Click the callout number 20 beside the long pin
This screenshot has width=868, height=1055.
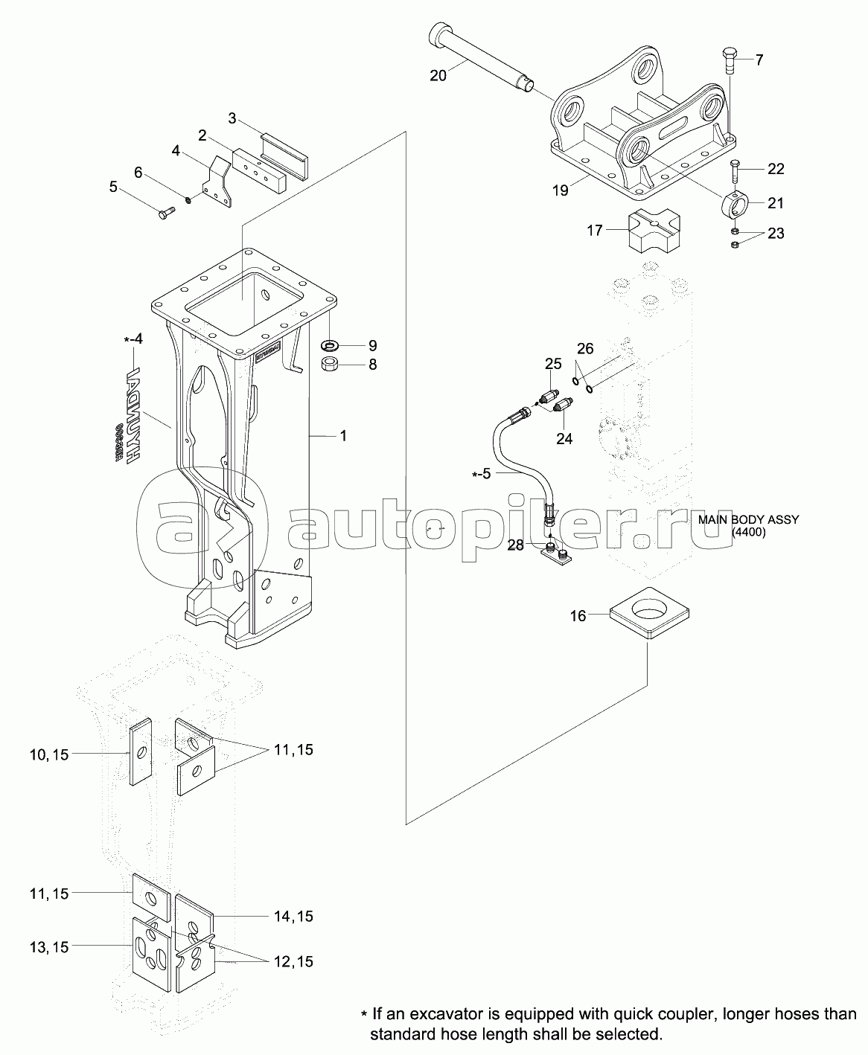(x=438, y=74)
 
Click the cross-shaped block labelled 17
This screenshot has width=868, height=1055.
(x=651, y=231)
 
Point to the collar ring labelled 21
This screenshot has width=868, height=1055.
(x=736, y=202)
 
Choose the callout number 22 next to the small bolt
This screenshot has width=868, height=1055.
(x=776, y=169)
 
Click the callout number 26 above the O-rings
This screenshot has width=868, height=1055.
(x=585, y=348)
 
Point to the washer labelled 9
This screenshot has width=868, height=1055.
(x=329, y=346)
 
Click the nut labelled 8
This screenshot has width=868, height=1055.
(x=329, y=365)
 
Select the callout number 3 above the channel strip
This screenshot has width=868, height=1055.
(x=232, y=118)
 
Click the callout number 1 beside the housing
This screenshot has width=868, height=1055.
(x=343, y=436)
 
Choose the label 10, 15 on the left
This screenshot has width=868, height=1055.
(x=49, y=754)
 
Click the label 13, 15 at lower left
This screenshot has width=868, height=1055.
(x=49, y=947)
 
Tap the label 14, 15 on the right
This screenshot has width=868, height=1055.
(x=293, y=917)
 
